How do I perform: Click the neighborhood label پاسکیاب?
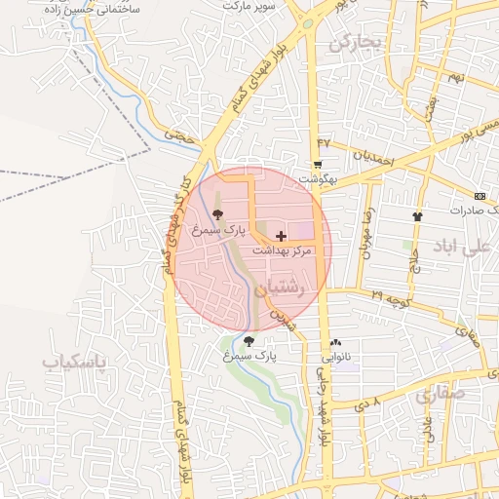pyautogui.click(x=73, y=362)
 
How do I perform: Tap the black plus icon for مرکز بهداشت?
pyautogui.click(x=282, y=236)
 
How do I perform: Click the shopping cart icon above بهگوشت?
pyautogui.click(x=318, y=165)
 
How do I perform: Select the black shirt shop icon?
pyautogui.click(x=418, y=216)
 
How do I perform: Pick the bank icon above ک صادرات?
pyautogui.click(x=480, y=196)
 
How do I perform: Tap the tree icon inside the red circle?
pyautogui.click(x=215, y=214)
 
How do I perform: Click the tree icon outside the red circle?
pyautogui.click(x=249, y=341)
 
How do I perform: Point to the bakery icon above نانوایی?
pyautogui.click(x=336, y=342)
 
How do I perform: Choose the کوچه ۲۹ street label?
pyautogui.click(x=389, y=292)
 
